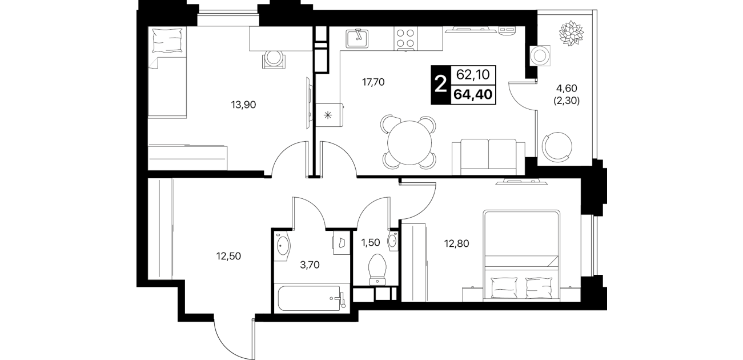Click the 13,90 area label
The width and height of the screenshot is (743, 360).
tap(243, 105)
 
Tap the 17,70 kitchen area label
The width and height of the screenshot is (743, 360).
tap(373, 82)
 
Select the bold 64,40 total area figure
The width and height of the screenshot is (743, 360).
tap(473, 94)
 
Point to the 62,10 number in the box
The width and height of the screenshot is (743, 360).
tap(473, 75)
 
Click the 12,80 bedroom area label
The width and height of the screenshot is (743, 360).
tap(457, 243)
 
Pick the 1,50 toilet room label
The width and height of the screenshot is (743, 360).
tap(371, 242)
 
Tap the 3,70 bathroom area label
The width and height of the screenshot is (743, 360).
tap(310, 265)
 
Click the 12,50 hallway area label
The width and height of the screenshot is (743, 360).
tap(228, 256)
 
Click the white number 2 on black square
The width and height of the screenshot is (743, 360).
tap(440, 85)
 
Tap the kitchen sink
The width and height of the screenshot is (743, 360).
tap(357, 39)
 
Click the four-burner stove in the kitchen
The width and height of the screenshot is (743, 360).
tap(405, 39)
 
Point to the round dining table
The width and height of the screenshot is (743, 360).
tap(409, 143)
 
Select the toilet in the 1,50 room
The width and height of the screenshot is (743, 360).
tap(377, 269)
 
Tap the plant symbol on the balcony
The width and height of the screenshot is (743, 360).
tap(571, 33)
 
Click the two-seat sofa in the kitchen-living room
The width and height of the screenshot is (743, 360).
tap(488, 157)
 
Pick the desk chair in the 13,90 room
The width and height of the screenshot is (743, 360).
tap(274, 60)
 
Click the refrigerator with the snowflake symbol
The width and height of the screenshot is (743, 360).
tap(329, 115)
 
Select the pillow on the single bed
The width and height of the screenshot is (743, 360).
tap(168, 40)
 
